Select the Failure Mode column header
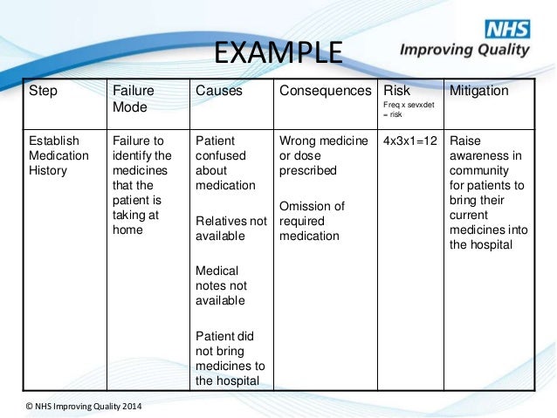pyautogui.click(x=134, y=99)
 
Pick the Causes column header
pyautogui.click(x=219, y=91)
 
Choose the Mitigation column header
pyautogui.click(x=478, y=91)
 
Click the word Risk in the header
pyautogui.click(x=396, y=91)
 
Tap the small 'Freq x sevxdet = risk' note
pyautogui.click(x=406, y=110)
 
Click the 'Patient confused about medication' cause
pyautogui.click(x=225, y=162)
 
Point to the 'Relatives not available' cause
pyautogui.click(x=230, y=230)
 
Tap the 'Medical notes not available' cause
pyautogui.click(x=221, y=284)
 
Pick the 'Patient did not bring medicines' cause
pyautogui.click(x=230, y=356)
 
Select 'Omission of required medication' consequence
pyautogui.click(x=312, y=221)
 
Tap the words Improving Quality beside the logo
pyautogui.click(x=464, y=49)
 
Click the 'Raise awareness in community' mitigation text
pyautogui.click(x=485, y=192)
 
